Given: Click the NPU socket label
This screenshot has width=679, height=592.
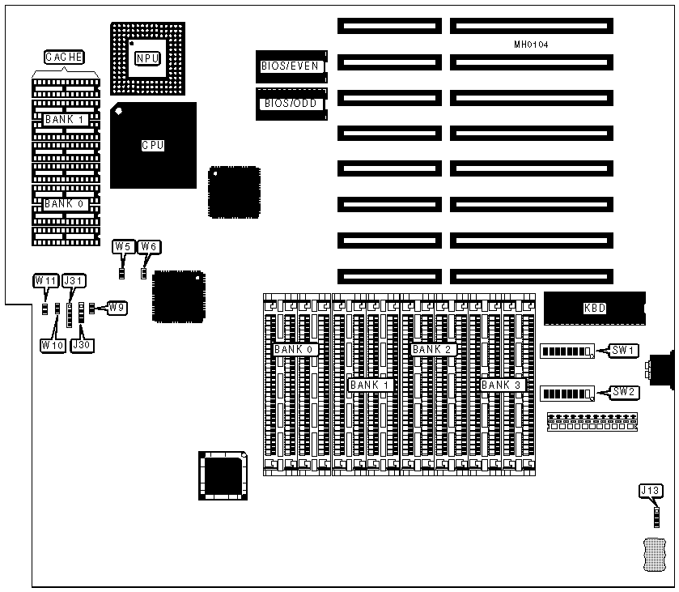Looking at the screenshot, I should [147, 57].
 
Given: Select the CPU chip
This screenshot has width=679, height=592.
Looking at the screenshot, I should [153, 145].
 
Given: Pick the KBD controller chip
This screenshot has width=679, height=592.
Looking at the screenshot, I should [595, 308].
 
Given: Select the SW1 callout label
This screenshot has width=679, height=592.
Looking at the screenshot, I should [626, 351].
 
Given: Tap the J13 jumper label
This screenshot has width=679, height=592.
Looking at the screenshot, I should [650, 490].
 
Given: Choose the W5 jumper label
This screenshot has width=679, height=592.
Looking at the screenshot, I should [123, 246].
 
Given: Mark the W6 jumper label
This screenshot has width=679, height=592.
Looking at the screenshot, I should [150, 246].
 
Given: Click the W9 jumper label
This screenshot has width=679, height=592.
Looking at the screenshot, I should [117, 308].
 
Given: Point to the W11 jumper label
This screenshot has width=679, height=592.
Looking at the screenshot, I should [45, 280].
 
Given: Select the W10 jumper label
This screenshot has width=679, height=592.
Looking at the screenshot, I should [51, 344].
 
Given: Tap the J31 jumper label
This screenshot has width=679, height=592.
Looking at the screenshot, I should [74, 280].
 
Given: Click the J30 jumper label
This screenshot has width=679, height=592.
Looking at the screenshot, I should [82, 344].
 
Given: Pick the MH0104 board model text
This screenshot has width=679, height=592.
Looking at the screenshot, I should [531, 44].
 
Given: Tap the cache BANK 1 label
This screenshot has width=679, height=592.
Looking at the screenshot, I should [66, 119].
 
